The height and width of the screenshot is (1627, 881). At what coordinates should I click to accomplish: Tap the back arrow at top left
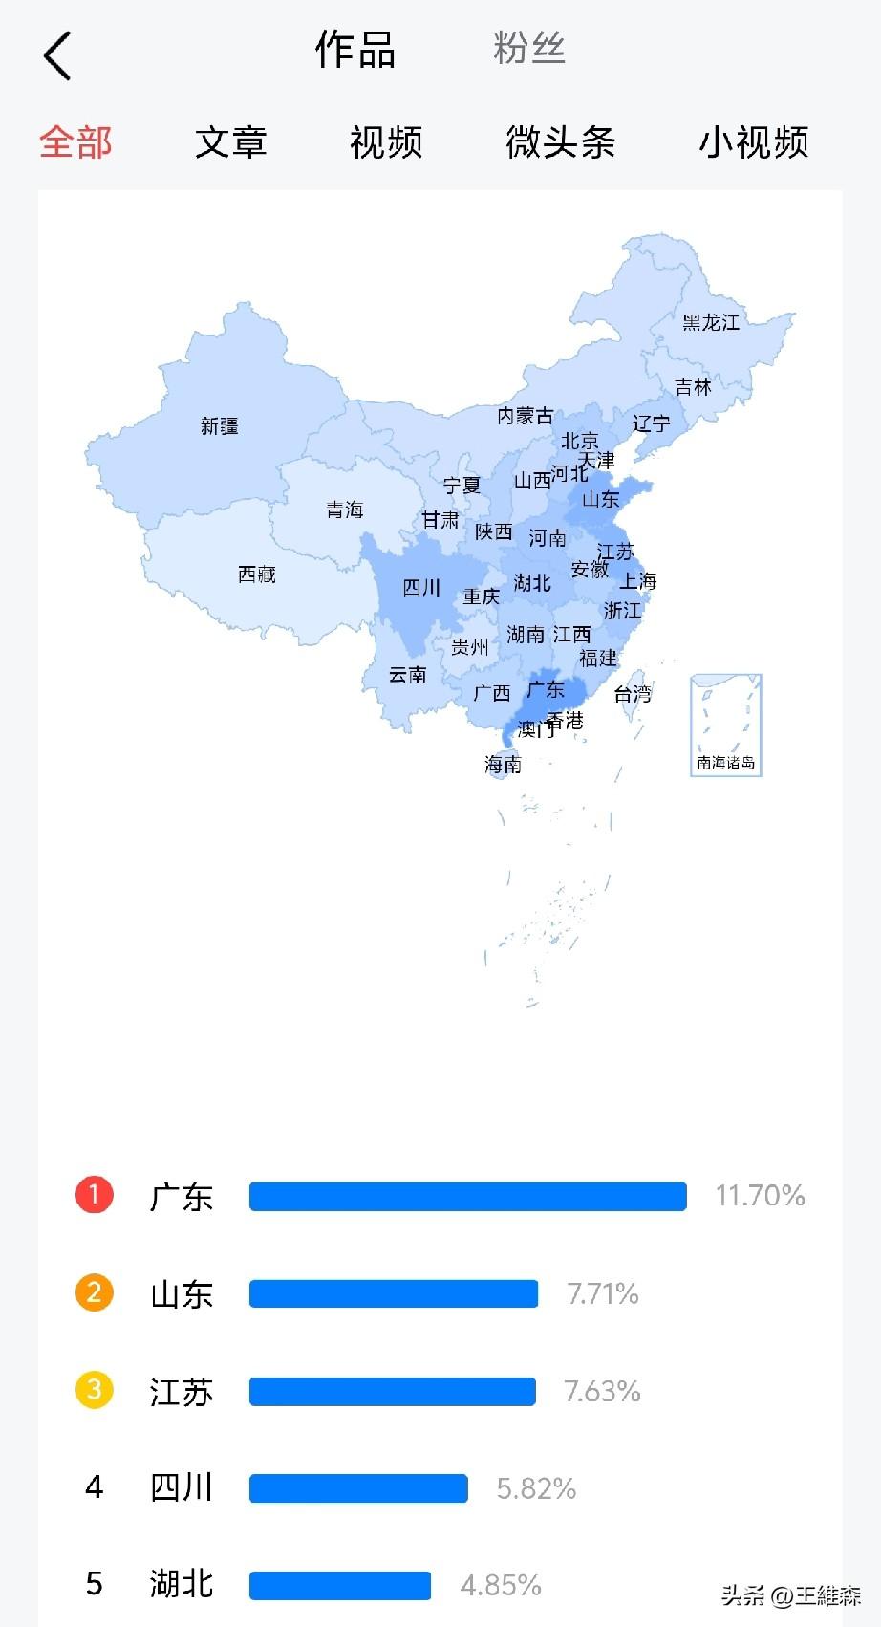(57, 55)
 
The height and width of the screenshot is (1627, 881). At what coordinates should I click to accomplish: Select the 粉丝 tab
(529, 48)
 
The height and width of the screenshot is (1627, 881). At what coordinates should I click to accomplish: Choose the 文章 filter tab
(230, 142)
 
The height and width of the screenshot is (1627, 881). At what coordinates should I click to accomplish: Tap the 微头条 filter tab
(560, 142)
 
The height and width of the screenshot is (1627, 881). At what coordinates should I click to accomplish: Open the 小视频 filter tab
(754, 142)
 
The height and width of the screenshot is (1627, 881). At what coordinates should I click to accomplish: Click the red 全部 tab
(75, 142)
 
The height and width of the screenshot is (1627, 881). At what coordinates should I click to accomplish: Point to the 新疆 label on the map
(220, 426)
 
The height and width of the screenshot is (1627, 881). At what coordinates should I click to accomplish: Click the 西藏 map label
(257, 575)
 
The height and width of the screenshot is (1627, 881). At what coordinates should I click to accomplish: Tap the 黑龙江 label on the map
(711, 323)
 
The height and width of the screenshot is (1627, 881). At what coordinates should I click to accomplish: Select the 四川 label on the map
(421, 587)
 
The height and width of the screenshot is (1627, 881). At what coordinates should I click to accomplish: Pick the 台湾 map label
(633, 694)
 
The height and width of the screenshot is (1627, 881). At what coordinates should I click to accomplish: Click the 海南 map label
(504, 764)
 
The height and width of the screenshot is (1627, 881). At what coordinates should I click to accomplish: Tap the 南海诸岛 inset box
(726, 725)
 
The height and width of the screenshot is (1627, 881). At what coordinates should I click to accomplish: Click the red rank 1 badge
(95, 1195)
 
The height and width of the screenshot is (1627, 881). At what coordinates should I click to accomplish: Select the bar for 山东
(393, 1293)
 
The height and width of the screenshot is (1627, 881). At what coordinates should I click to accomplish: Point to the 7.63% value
(602, 1391)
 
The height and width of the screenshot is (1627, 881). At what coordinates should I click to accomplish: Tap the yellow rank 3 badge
(95, 1390)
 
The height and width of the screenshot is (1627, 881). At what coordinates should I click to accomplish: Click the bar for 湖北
(339, 1585)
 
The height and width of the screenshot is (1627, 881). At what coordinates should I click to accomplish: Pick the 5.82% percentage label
(536, 1488)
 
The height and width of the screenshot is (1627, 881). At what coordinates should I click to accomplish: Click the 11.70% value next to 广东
(760, 1195)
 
